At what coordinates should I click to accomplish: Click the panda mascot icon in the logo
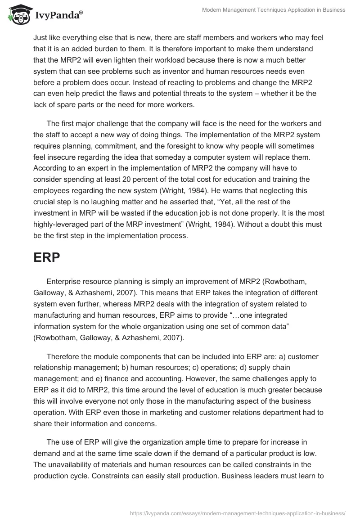coord(16,15)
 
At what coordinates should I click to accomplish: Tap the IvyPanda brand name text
coord(57,15)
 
